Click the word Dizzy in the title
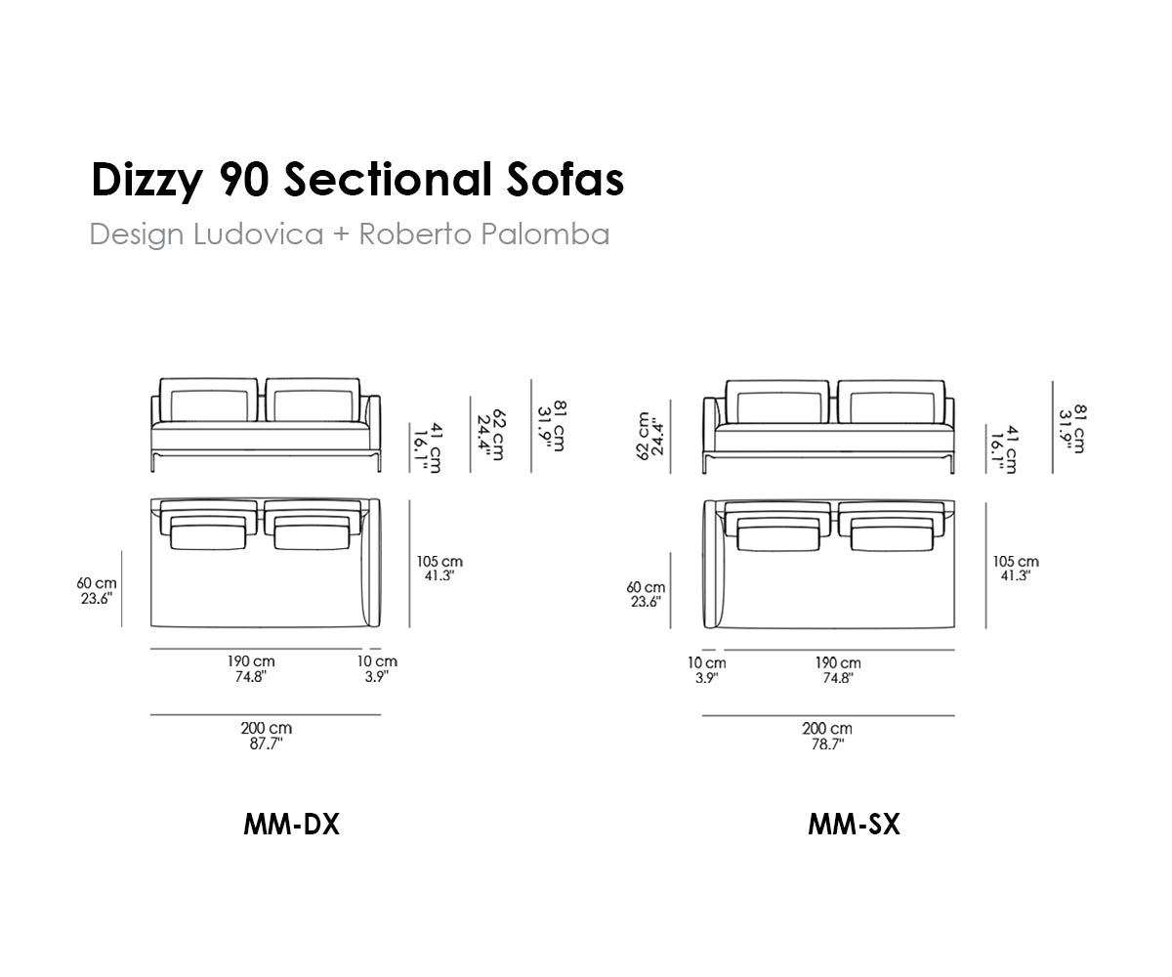pyautogui.click(x=146, y=181)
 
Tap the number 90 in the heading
pyautogui.click(x=244, y=180)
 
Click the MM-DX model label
pyautogui.click(x=291, y=825)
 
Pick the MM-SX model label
pyautogui.click(x=854, y=825)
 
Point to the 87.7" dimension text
pyautogui.click(x=266, y=743)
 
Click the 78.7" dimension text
pyautogui.click(x=827, y=744)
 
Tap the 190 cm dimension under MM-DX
pyautogui.click(x=251, y=660)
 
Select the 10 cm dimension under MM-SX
pyautogui.click(x=707, y=663)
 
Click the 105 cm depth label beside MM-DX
pyautogui.click(x=439, y=562)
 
